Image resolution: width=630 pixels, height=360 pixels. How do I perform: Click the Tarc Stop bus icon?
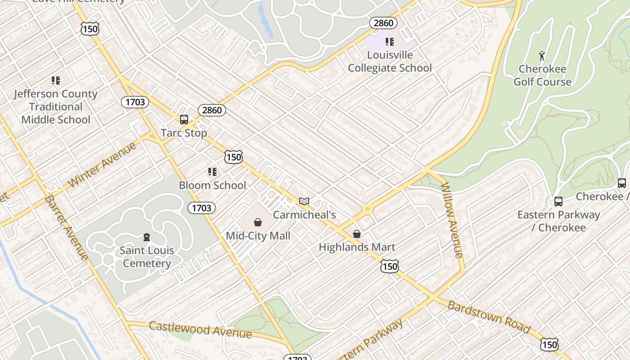tap(184, 119)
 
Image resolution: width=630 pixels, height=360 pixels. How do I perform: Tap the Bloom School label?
tap(212, 185)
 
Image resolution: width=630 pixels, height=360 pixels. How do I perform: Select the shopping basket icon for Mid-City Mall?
tap(258, 222)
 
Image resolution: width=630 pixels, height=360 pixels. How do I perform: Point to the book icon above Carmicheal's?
tap(304, 201)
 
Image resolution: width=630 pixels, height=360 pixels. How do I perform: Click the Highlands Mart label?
tap(357, 247)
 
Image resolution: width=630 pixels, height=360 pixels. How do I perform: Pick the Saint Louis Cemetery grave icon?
tap(146, 237)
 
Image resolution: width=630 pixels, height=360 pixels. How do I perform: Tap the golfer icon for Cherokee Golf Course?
tap(542, 56)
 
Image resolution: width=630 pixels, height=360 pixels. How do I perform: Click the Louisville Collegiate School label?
tap(390, 62)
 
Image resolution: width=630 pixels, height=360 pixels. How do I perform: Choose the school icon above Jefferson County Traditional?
tap(56, 81)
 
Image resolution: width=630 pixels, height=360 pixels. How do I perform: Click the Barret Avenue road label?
tap(67, 228)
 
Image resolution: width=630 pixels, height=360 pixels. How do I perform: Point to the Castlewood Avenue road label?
tap(200, 329)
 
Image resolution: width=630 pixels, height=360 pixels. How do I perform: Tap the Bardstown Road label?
tap(489, 317)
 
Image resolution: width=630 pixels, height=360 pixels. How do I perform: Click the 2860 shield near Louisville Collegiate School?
tap(383, 23)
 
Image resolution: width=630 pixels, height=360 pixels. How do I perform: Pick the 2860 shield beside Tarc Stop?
tap(211, 110)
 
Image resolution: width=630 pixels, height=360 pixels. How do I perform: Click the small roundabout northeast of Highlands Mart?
tap(368, 209)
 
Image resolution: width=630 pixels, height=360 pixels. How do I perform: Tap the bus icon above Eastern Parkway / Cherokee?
tap(558, 201)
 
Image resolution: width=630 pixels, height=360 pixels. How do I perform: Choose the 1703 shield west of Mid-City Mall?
tap(201, 207)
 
